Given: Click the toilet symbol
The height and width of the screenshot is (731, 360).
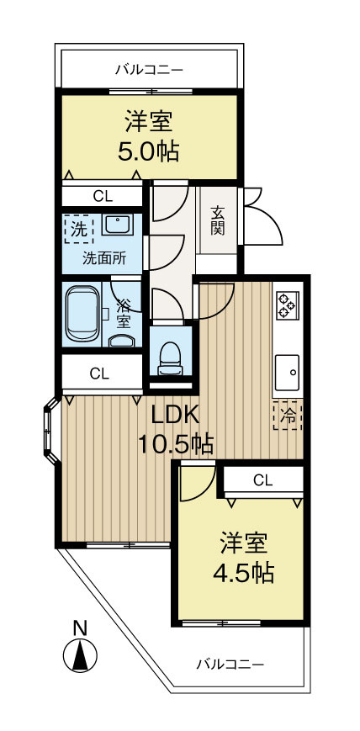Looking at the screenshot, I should (x=170, y=356).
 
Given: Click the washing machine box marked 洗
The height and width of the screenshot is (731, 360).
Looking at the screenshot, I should (x=78, y=228).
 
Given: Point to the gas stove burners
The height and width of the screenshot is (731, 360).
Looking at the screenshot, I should (x=286, y=305).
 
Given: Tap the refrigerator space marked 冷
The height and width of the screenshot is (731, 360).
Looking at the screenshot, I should (x=288, y=415).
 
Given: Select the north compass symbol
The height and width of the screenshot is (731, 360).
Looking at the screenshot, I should (x=80, y=655).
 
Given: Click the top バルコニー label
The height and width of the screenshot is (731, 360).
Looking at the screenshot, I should (x=149, y=70).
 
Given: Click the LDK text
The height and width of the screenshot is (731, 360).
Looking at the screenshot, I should (x=175, y=414).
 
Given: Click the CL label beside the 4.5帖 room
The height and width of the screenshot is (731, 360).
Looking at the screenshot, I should (x=262, y=480).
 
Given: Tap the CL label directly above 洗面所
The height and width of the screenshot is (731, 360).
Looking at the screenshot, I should (x=103, y=197).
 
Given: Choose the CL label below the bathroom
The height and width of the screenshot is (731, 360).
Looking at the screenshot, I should (x=99, y=373).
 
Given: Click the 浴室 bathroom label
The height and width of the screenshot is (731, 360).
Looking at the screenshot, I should (x=123, y=312).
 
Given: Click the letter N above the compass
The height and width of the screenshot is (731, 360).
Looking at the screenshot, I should (x=80, y=628).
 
